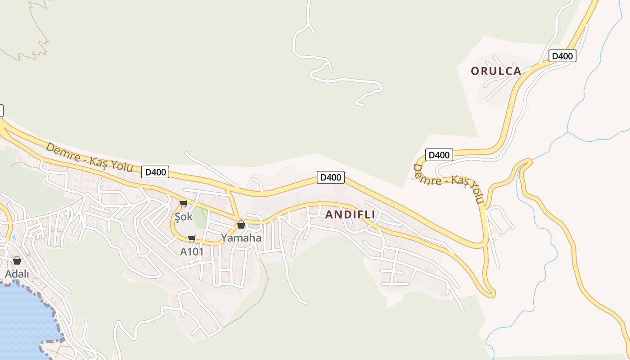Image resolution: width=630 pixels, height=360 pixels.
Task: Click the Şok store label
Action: (184, 216)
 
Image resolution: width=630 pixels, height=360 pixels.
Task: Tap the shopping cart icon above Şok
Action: (183, 204)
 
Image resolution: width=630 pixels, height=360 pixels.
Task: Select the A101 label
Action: (192, 252)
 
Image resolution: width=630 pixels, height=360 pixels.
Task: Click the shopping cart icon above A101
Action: (192, 238)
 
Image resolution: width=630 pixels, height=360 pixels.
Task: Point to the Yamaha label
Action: (241, 238)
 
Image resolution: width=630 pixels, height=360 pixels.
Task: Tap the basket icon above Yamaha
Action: (241, 225)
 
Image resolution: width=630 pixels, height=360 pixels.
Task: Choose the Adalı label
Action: (17, 274)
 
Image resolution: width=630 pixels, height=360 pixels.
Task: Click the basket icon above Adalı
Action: (17, 261)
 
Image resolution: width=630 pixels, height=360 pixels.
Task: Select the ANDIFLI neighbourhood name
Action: (350, 215)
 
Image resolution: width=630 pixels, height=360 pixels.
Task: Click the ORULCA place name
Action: (496, 71)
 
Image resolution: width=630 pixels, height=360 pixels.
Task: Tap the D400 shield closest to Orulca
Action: (562, 56)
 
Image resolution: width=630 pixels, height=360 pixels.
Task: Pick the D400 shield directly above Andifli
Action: (331, 177)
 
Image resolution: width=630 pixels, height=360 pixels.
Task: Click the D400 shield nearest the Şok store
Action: (155, 171)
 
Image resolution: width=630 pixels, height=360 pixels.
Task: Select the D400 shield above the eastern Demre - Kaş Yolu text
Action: (439, 155)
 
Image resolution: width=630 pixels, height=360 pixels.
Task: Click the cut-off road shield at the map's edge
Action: (1, 110)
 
